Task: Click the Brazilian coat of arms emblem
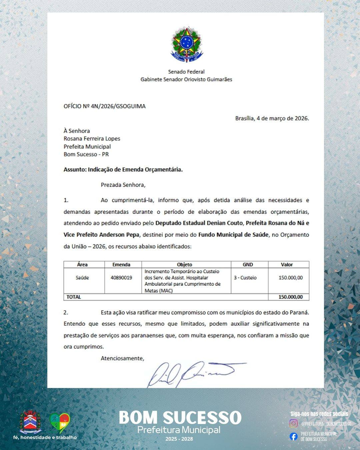[186, 45]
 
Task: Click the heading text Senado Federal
[186, 72]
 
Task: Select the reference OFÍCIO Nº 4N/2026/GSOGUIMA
[105, 106]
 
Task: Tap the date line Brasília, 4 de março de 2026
[272, 118]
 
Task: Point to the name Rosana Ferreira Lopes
[92, 139]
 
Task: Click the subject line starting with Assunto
[123, 169]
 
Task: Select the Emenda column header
[121, 265]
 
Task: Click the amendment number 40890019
[121, 278]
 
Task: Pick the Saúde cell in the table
[82, 278]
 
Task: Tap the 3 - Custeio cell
[245, 278]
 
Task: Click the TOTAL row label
[74, 297]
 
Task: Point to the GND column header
[248, 265]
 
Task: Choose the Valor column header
[287, 265]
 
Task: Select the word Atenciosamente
[122, 358]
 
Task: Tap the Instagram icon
[293, 423]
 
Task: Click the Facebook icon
[293, 436]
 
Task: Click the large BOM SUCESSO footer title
[180, 417]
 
